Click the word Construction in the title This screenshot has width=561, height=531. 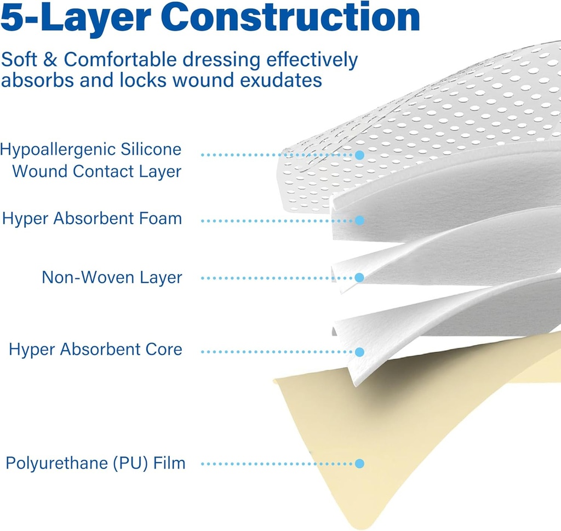292,18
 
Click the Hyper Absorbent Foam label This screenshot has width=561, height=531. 92,219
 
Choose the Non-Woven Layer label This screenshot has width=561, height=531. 112,277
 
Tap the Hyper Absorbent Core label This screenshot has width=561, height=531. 95,350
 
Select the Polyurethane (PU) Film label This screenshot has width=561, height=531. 95,463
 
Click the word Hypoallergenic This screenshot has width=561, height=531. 58,149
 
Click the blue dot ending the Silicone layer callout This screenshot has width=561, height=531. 359,155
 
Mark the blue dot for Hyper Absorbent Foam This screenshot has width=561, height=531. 359,220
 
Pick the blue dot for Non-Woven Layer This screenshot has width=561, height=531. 359,278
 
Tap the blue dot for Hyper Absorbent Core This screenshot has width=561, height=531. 359,351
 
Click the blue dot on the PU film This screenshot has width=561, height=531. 359,464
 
